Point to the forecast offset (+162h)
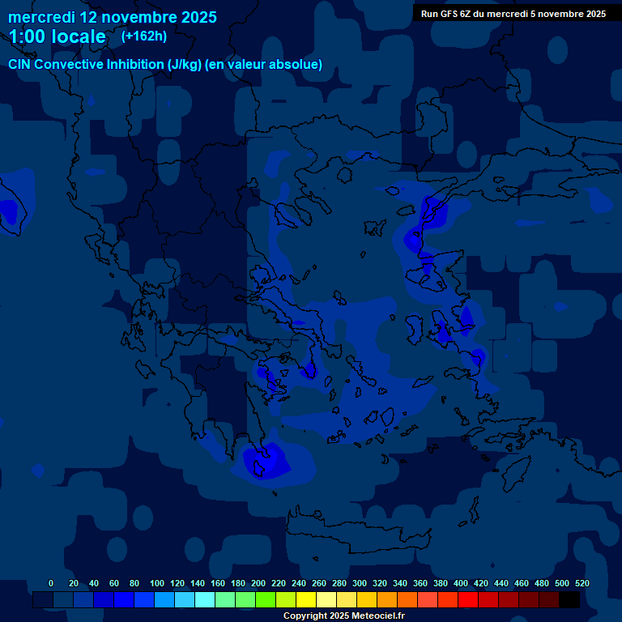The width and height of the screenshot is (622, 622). [144, 36]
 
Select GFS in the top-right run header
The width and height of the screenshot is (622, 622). [452, 14]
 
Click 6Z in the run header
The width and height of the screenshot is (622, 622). [471, 14]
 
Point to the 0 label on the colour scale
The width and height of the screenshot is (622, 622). [51, 583]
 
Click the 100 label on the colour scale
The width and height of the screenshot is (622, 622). [157, 583]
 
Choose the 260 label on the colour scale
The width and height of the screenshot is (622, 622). [319, 583]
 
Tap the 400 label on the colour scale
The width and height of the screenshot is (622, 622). [461, 583]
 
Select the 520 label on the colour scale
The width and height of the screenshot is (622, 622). [582, 583]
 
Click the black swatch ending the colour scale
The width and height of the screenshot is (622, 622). [569, 600]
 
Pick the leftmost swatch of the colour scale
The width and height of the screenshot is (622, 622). [43, 600]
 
